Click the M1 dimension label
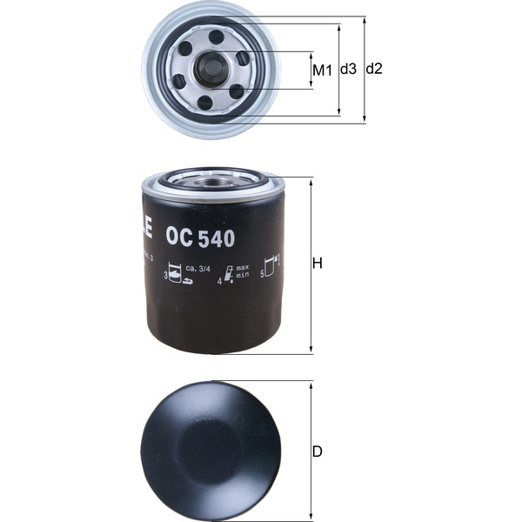[x=322, y=69]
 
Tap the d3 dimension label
[x=348, y=69]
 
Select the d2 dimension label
[x=375, y=69]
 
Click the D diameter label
[x=318, y=452]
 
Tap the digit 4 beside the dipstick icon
[x=219, y=283]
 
